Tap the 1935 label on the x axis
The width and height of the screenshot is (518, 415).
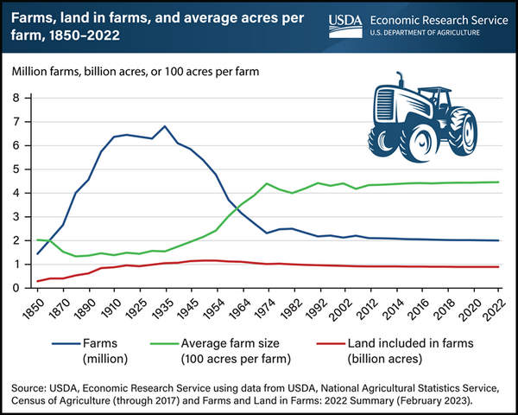point(164,309)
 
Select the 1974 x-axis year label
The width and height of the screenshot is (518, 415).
point(267,309)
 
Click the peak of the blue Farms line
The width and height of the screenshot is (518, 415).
point(165,126)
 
